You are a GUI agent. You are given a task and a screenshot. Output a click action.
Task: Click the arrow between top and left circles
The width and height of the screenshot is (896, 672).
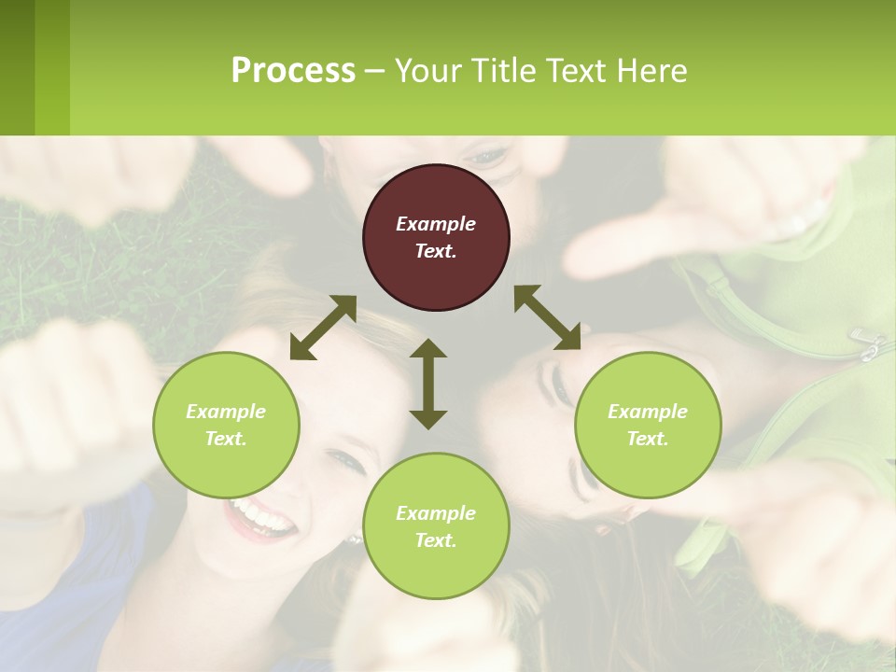[323, 328]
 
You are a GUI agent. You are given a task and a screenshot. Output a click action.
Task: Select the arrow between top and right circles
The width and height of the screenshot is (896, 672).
[547, 317]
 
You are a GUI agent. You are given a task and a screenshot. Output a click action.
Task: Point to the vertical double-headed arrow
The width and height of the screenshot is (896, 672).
[428, 384]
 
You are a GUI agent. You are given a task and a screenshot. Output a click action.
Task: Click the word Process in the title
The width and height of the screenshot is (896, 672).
[293, 70]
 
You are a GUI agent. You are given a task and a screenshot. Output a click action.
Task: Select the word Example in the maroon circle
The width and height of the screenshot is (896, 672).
[436, 224]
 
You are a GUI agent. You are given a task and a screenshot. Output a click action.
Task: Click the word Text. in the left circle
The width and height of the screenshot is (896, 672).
[226, 439]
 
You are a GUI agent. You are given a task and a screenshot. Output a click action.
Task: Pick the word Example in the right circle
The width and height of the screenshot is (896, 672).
[648, 412]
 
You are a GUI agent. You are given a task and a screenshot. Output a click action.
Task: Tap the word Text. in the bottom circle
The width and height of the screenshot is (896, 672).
[436, 540]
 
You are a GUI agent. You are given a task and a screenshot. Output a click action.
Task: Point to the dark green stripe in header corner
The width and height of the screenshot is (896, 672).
[17, 67]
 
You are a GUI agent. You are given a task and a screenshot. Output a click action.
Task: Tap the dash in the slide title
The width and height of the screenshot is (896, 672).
[375, 71]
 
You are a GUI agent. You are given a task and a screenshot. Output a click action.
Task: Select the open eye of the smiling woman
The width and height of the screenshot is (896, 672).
[346, 460]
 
